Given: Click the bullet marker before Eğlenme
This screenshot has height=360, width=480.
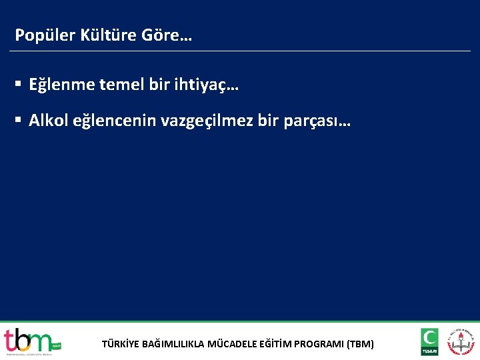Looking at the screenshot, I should (19, 85).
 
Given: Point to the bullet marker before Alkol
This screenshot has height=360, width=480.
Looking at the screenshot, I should (19, 121).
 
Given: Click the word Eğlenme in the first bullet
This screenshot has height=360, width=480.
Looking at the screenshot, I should (62, 85).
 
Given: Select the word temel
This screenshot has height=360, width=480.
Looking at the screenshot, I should (120, 85).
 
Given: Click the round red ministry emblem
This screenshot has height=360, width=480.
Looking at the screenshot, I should (461, 341).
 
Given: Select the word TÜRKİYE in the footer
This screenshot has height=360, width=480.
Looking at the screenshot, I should (121, 345).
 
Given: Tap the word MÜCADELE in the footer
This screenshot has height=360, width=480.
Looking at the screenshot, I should (232, 345).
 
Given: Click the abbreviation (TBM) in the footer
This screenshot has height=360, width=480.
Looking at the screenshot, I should (361, 345).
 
